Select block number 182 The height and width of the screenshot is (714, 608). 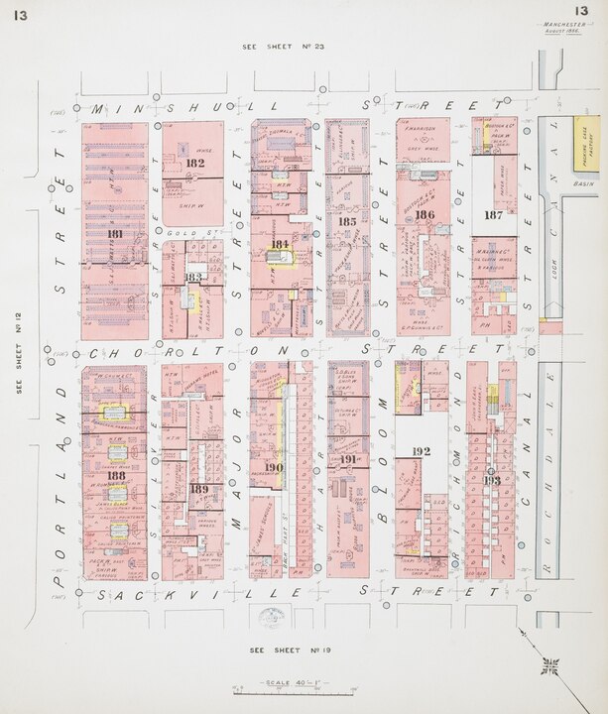tap(194, 163)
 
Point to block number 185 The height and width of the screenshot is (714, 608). tap(346, 222)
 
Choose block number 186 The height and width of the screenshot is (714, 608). tap(425, 214)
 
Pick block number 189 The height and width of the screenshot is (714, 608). tap(198, 489)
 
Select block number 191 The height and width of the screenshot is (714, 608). tap(347, 459)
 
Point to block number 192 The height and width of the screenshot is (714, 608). tap(421, 451)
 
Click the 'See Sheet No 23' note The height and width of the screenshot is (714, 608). tap(277, 47)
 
